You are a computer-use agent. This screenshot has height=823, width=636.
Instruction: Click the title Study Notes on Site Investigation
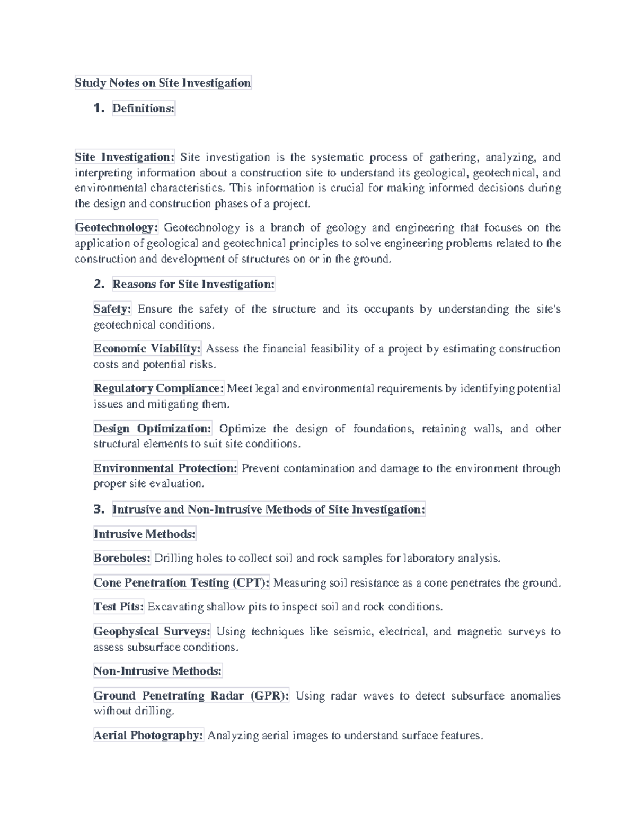point(163,83)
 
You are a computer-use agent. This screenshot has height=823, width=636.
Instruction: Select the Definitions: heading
point(143,109)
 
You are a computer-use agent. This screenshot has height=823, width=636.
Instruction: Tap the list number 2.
point(99,285)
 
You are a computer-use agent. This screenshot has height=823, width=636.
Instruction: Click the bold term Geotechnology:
point(117,228)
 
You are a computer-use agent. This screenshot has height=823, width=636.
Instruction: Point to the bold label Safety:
point(112,309)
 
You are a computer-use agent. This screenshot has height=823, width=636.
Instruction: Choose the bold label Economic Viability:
point(147,349)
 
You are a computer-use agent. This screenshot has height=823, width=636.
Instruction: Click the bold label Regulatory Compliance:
point(159,388)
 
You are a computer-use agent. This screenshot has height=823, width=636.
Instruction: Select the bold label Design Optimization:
point(153,429)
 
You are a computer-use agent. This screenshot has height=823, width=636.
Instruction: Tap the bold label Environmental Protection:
point(165,468)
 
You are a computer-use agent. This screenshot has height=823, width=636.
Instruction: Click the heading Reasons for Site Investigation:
point(193,285)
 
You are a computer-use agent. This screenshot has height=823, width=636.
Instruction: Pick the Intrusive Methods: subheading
point(145,534)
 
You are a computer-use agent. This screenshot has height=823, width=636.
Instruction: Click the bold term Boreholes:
point(122,558)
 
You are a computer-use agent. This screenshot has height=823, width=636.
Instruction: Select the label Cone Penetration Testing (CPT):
point(182,583)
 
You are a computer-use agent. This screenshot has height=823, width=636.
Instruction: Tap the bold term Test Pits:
point(119,607)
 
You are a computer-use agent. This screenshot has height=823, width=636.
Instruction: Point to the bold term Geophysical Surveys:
point(152,632)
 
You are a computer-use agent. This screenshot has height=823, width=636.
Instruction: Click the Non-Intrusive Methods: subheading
point(157,671)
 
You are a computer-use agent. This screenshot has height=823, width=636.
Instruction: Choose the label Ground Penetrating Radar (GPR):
point(191,696)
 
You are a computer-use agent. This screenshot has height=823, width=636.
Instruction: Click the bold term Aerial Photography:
point(148,736)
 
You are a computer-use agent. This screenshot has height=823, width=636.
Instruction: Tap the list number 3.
point(99,510)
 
